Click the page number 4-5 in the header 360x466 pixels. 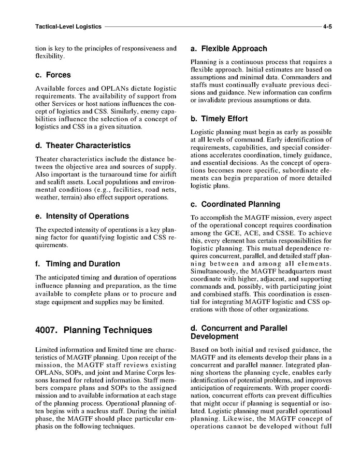coord(327,25)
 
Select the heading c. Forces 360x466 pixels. coord(53,75)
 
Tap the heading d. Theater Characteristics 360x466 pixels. coord(82,146)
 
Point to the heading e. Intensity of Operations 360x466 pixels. coord(82,216)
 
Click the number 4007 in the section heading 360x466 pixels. coord(48,330)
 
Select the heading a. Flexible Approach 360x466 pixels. coord(228,49)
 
